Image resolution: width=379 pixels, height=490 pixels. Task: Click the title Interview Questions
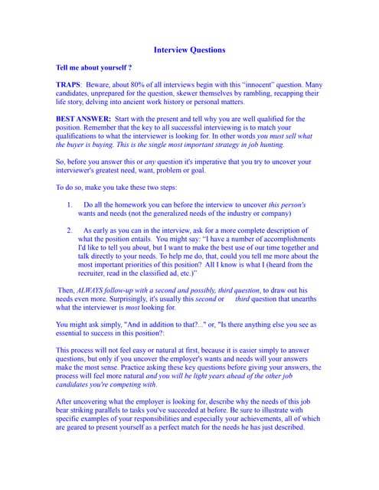pos(189,50)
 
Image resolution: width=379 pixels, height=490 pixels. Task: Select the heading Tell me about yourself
pos(94,68)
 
